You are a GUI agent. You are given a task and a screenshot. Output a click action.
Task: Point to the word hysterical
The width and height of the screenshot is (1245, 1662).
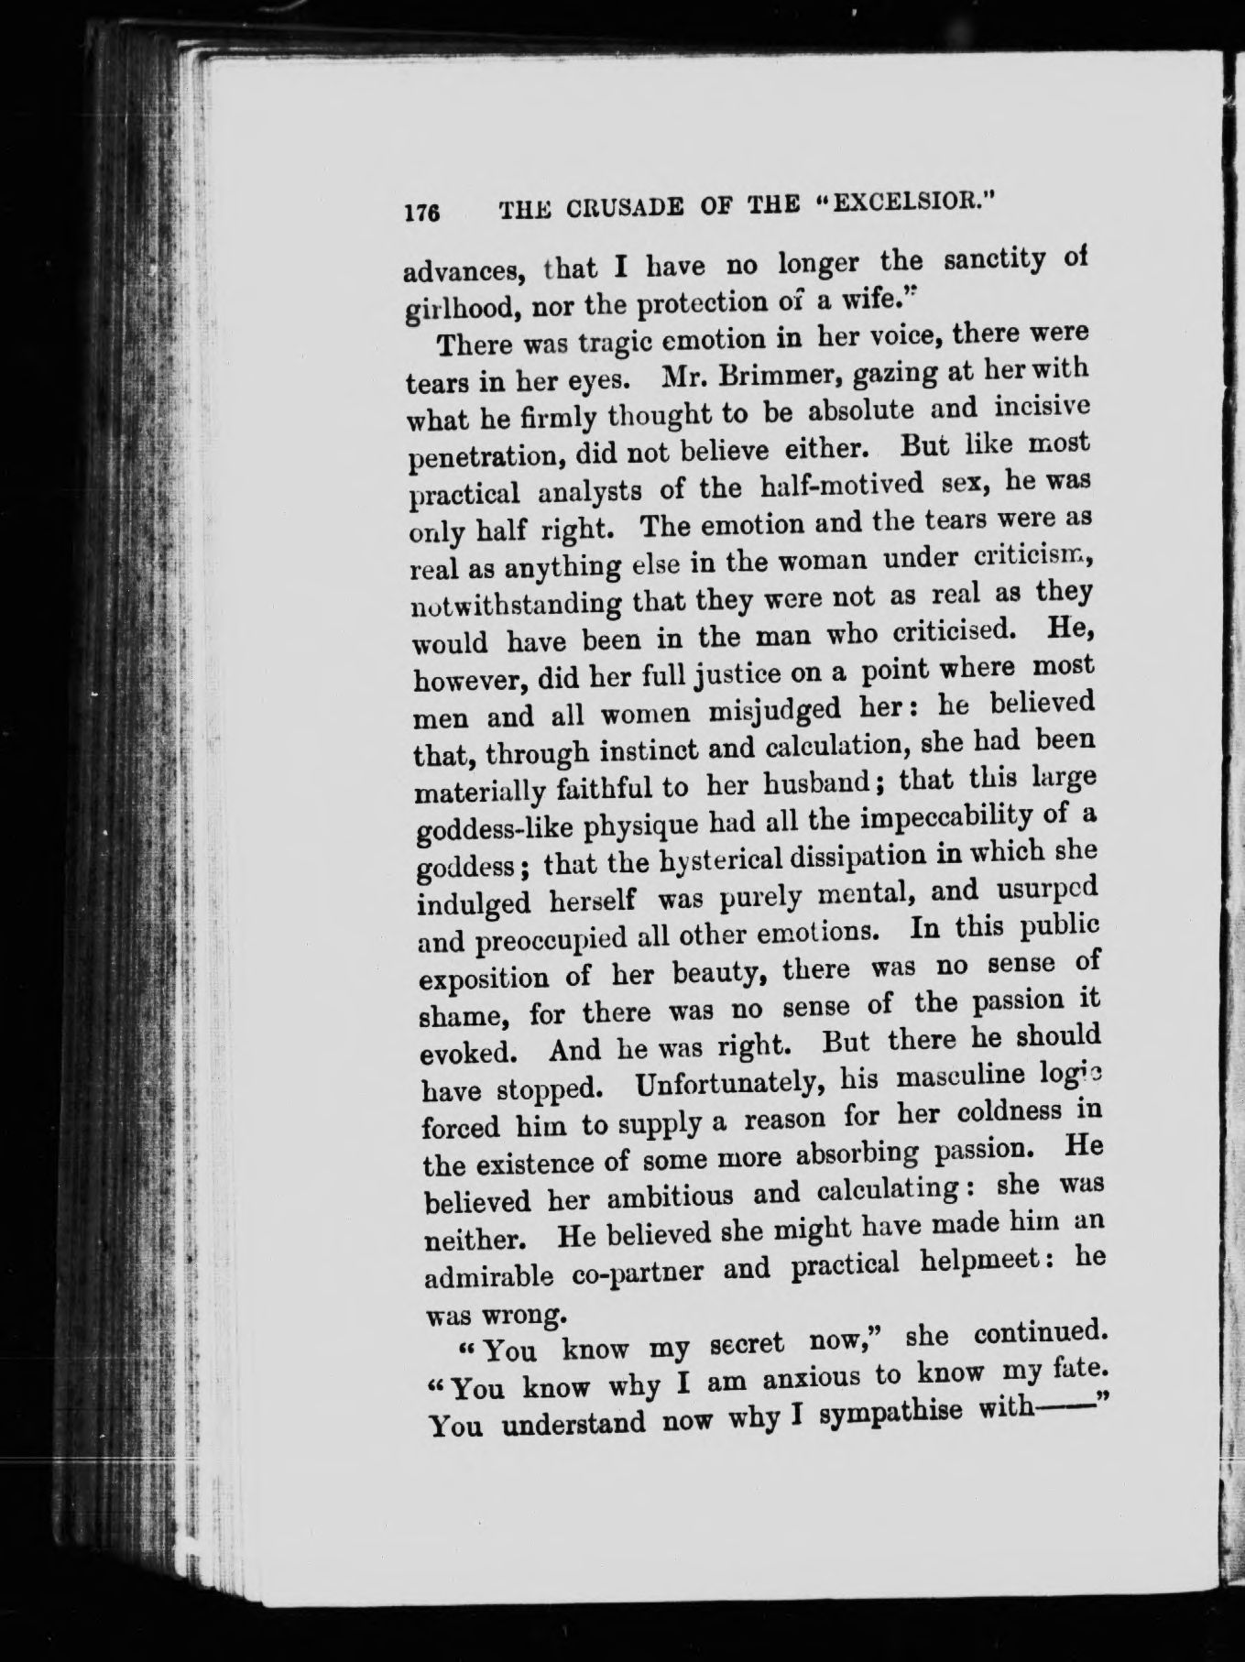[x=703, y=858]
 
